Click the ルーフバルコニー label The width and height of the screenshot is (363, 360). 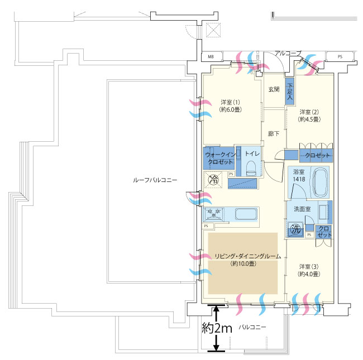155,180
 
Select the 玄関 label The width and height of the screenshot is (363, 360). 274,89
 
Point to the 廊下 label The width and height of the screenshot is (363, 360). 274,133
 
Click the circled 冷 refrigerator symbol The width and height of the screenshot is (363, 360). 213,179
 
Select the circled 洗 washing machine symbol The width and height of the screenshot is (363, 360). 295,229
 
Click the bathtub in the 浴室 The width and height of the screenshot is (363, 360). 321,182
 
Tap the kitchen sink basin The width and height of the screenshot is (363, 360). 246,214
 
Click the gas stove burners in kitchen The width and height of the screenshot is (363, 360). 214,214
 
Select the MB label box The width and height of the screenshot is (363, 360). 211,56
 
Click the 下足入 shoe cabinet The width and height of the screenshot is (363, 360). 290,91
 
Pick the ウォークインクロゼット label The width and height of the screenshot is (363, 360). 220,158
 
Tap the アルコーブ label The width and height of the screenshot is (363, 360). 288,54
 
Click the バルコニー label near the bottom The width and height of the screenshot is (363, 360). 252,327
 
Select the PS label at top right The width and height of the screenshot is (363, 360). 340,56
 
